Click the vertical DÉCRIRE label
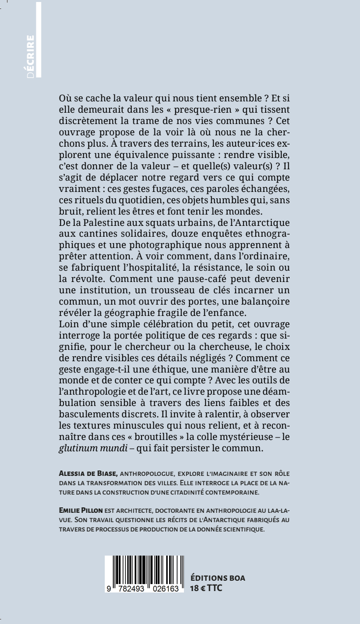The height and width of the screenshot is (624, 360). pyautogui.click(x=31, y=55)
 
